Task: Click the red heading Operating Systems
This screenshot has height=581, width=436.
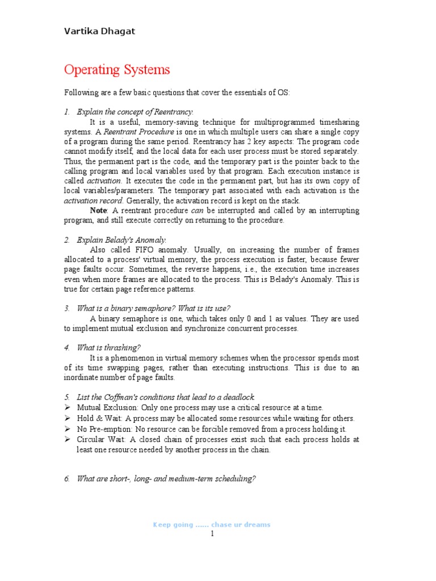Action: coord(117,70)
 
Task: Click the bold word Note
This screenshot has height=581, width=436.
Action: coord(99,210)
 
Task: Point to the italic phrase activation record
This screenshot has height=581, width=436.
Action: coord(93,200)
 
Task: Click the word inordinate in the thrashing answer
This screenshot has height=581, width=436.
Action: coord(83,377)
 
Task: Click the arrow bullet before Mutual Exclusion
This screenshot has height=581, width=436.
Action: coord(68,407)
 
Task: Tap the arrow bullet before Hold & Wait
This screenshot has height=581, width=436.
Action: coord(68,418)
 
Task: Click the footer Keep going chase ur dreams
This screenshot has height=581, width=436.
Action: coord(212,525)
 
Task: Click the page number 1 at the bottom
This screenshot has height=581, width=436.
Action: coord(212,534)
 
